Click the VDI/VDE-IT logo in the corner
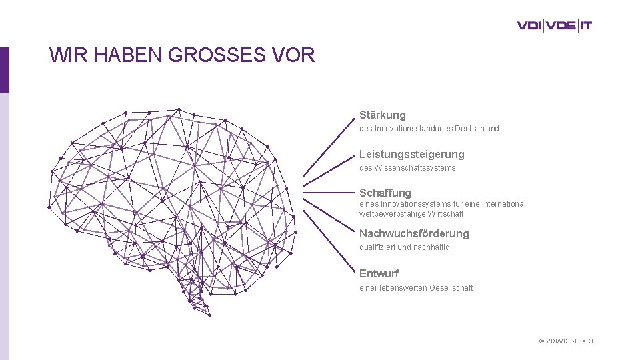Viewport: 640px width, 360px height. [x=554, y=26]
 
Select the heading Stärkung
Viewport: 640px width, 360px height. [x=382, y=115]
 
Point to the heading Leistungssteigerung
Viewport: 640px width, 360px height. [x=411, y=154]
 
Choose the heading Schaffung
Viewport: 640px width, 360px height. [x=385, y=193]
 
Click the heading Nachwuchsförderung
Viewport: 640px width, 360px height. [x=414, y=233]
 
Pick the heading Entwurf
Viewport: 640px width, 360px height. [x=379, y=273]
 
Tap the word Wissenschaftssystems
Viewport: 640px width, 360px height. [x=415, y=168]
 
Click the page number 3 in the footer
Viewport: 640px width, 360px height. [x=591, y=341]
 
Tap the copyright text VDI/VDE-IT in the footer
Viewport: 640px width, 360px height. [x=563, y=341]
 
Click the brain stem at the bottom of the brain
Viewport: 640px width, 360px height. [x=195, y=297]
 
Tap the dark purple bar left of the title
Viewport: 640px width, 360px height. [x=5, y=69]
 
